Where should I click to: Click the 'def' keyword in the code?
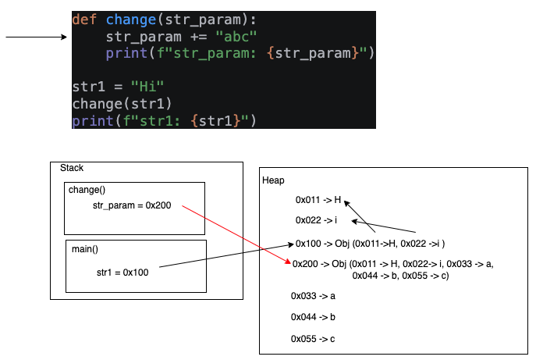click(84, 20)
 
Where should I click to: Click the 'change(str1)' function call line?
click(122, 104)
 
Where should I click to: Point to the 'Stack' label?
click(72, 168)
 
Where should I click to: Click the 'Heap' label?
click(274, 180)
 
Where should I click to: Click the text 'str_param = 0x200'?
click(132, 205)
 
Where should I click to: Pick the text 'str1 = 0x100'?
click(122, 273)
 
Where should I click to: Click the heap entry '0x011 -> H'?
click(318, 201)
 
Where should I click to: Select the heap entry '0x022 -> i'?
click(316, 221)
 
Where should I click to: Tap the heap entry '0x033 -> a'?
click(314, 296)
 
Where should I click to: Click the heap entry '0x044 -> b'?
click(314, 317)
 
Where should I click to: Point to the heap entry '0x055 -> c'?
click(314, 339)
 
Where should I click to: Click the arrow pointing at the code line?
click(35, 37)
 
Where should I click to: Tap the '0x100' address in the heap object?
click(307, 243)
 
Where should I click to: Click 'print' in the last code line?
click(88, 120)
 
